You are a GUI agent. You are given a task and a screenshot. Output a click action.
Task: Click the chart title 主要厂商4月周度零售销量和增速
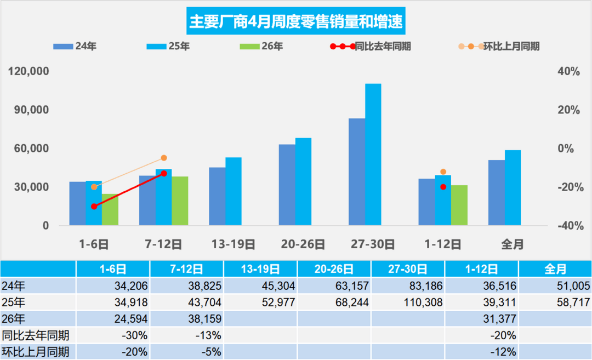(295, 22)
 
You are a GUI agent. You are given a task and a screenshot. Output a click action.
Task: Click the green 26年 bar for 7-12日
(180, 201)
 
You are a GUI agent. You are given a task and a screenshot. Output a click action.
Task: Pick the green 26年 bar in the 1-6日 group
(110, 209)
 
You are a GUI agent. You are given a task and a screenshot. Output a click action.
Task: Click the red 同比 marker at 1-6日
(94, 206)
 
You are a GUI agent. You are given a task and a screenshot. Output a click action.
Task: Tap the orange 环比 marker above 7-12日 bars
(164, 158)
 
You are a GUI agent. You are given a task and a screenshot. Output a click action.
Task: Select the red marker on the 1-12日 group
(443, 187)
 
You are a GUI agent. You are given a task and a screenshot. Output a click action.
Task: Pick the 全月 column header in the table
(555, 269)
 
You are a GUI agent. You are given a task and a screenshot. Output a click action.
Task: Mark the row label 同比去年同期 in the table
(35, 335)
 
